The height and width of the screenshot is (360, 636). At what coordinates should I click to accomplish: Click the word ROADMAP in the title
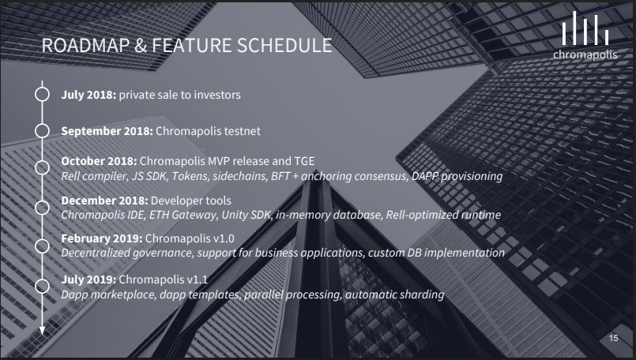point(85,46)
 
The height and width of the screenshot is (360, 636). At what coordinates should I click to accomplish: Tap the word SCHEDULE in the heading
point(284,46)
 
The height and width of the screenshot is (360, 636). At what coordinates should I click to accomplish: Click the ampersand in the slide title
point(141,46)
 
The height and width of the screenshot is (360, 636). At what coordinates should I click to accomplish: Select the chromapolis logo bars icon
point(585,28)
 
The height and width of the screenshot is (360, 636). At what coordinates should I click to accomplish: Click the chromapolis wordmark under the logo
point(585,54)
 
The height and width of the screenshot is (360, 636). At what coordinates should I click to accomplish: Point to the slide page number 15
point(613,338)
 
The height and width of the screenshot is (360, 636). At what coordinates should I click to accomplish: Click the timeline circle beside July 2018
point(42,94)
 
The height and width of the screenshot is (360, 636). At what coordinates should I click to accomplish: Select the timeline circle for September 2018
point(42,130)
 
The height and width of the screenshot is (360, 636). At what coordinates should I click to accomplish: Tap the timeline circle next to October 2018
point(42,167)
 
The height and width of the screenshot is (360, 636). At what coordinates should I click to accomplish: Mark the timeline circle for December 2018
point(42,207)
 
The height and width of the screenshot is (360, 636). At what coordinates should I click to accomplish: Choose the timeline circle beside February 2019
point(42,246)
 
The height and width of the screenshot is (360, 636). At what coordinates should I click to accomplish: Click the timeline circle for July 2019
point(42,286)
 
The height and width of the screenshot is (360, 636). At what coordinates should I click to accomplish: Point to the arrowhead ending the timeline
point(42,331)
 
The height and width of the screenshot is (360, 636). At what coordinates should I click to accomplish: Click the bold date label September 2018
point(107,131)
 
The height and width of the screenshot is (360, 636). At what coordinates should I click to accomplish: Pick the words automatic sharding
point(395,294)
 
